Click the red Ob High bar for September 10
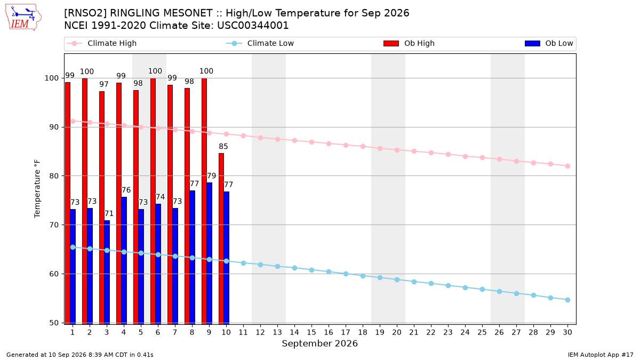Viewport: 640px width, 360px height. click(221, 238)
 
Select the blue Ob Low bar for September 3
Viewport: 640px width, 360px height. click(107, 273)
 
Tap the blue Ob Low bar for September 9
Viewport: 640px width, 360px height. click(209, 253)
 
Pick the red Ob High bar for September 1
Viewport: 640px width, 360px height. click(68, 203)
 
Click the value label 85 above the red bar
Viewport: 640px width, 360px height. click(223, 147)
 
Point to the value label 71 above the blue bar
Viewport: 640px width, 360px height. click(109, 214)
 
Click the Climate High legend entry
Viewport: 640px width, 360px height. click(102, 43)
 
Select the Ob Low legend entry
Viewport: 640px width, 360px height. click(549, 43)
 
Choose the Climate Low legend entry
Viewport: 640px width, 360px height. click(260, 43)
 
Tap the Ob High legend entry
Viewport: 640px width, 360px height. click(409, 43)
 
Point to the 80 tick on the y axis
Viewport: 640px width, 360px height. click(54, 176)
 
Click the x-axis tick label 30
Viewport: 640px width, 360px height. click(567, 332)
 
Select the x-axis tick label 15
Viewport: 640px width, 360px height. click(311, 332)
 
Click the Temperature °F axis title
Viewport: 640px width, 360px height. click(37, 189)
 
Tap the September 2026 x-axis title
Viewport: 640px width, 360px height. click(319, 343)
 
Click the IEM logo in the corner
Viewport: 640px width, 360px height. click(23, 18)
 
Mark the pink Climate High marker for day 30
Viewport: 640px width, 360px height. click(567, 166)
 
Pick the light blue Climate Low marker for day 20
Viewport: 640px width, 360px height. click(397, 279)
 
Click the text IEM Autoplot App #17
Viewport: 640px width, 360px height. click(601, 355)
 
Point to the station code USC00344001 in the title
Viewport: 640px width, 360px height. click(253, 26)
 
